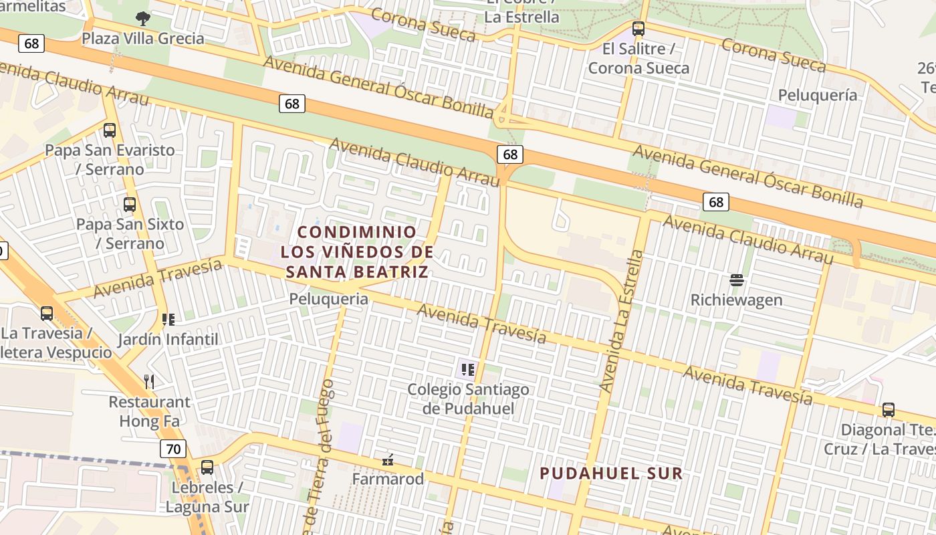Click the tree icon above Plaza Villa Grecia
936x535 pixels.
(142, 19)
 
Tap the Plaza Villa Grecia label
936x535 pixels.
(142, 38)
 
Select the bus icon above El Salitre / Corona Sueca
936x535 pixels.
(638, 29)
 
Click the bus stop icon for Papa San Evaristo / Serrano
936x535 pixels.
(110, 130)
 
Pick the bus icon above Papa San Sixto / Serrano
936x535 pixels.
(130, 205)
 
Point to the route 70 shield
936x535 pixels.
(173, 449)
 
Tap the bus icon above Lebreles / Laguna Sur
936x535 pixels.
(207, 467)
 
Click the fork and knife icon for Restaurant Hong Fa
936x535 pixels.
(149, 382)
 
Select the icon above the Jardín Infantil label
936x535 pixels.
(168, 320)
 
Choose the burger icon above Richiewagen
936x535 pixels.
(737, 280)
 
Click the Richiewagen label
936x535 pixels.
(736, 300)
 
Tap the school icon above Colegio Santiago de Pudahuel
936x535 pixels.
(467, 369)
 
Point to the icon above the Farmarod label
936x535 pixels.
(387, 460)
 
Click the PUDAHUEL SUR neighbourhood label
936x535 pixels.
(610, 473)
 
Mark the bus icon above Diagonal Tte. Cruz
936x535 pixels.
(888, 410)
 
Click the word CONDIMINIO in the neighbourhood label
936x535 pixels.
(357, 232)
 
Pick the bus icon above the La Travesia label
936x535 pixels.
(47, 313)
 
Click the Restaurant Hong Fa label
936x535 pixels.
(149, 411)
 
